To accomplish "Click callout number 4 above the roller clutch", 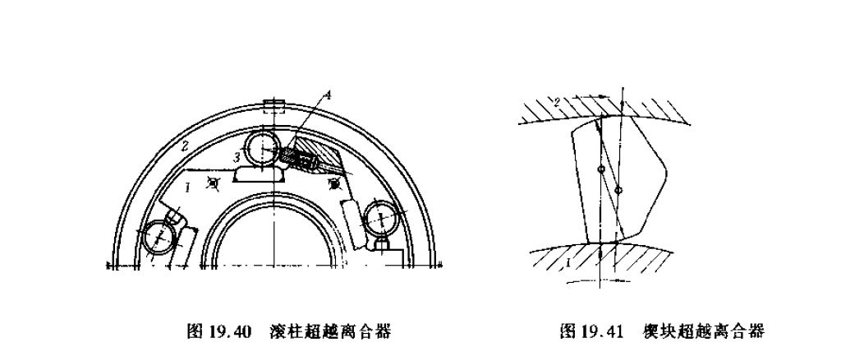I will coord(327,97).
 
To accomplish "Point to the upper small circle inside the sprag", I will coord(601,170).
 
